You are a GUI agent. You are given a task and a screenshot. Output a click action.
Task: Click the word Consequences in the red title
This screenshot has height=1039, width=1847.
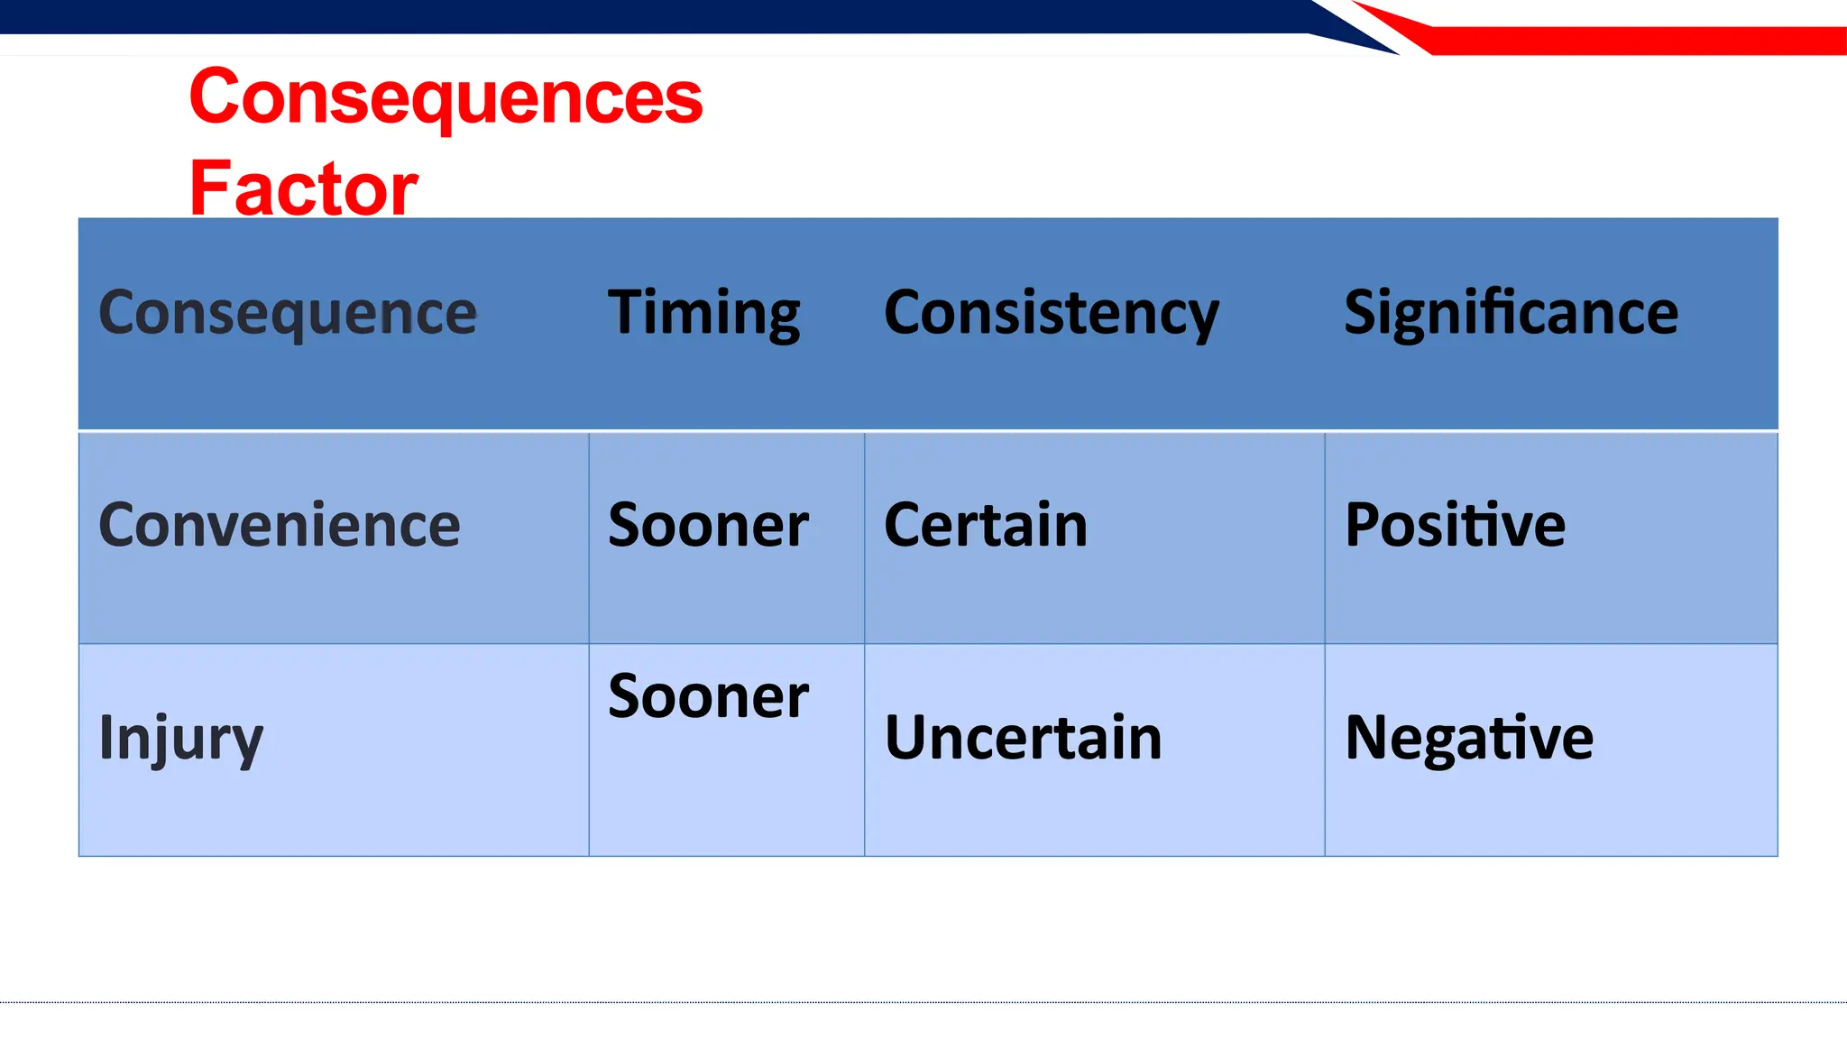[446, 97]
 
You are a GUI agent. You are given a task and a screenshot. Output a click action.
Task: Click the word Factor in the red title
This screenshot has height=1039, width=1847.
[303, 188]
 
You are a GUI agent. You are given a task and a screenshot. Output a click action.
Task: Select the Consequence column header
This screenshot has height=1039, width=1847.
[287, 313]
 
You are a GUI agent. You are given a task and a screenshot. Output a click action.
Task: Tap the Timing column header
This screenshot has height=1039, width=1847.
[703, 313]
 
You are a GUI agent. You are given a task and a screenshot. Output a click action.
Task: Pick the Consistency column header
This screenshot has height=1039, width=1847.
[1051, 313]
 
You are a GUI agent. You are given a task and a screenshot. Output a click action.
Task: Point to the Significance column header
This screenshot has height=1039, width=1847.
[1511, 313]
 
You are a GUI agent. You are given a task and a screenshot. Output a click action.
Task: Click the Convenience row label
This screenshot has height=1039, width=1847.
[279, 525]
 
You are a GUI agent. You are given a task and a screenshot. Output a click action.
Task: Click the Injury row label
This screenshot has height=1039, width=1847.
[180, 738]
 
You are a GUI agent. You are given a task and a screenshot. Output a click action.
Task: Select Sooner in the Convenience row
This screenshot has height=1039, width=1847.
[708, 525]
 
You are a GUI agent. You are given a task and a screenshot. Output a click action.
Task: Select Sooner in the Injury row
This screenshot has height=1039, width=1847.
[708, 697]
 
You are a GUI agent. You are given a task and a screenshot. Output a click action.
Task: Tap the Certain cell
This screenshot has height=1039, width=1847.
[985, 525]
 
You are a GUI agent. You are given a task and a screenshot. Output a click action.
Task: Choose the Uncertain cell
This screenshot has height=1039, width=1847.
[1023, 738]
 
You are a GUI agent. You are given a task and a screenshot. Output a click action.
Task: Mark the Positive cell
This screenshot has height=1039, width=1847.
[1455, 525]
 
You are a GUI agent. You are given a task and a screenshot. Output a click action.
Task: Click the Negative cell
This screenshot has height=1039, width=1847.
[1468, 738]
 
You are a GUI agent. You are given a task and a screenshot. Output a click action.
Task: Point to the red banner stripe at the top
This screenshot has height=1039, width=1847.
[1623, 41]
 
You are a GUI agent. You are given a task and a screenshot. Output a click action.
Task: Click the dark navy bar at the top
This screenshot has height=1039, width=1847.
[631, 16]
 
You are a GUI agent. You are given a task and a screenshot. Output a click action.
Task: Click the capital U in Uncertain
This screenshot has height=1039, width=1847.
[905, 738]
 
